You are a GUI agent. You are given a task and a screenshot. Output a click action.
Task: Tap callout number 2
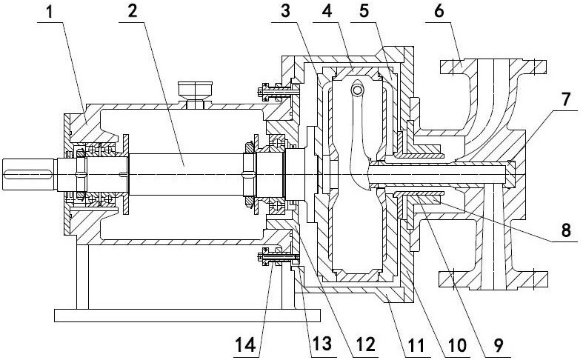coord(132,12)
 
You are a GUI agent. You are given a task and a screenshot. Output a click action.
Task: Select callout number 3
coord(285,12)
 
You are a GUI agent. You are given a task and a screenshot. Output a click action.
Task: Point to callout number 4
coord(327,12)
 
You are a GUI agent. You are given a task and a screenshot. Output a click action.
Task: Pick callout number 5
coord(364,12)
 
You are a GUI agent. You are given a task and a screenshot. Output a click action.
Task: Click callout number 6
coord(439,12)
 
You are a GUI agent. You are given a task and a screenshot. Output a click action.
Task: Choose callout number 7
coord(565,100)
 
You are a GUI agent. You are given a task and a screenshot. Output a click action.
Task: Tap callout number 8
coord(565,230)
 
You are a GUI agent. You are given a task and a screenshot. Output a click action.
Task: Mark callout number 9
coord(498,345)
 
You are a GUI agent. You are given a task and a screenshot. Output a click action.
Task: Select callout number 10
coord(457,345)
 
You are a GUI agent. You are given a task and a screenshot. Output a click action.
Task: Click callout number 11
coord(416,345)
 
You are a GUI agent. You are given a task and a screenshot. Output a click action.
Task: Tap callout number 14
coord(245,345)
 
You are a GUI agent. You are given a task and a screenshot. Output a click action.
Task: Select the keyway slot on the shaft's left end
coord(28,174)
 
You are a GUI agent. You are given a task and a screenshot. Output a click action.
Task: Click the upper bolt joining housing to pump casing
coord(278,91)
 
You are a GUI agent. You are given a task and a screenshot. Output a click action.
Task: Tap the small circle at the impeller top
coord(357,90)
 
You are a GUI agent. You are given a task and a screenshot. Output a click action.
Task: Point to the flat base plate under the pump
coord(187,315)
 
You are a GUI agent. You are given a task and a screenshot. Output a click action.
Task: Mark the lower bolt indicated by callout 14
coord(278,256)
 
